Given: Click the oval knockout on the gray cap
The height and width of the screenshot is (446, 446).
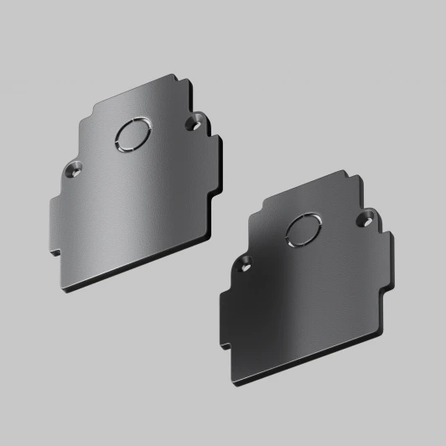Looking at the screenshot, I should (x=130, y=134).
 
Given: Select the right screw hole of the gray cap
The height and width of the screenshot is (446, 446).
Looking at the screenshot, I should (x=196, y=123).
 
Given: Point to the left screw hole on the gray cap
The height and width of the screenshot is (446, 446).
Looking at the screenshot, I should (x=74, y=169).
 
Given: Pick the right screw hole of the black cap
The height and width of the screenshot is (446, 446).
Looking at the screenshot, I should (x=366, y=219).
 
